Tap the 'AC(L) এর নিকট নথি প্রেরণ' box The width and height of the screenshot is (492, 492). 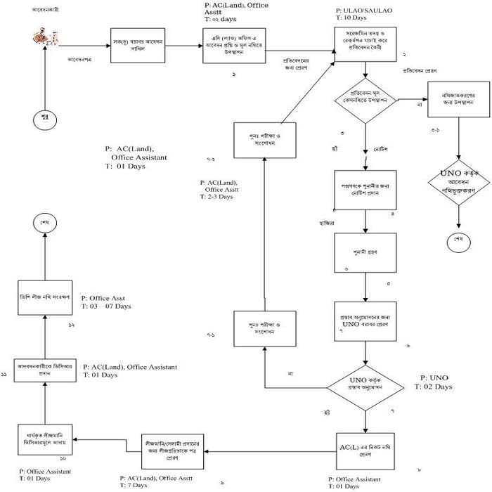[366, 449]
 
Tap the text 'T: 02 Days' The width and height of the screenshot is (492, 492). [434, 387]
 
